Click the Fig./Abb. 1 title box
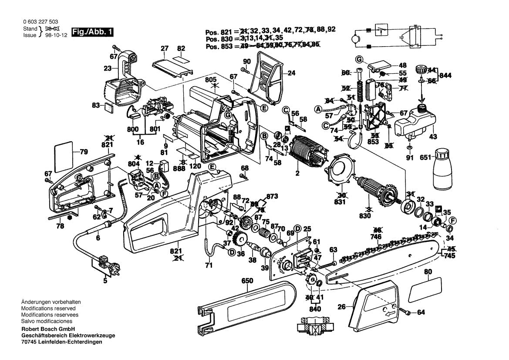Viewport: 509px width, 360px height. click(93, 32)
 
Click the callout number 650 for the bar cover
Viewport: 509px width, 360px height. click(246, 282)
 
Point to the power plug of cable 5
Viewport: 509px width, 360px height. click(104, 262)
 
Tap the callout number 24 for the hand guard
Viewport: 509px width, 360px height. click(291, 73)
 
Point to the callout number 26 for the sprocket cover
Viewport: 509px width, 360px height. click(342, 307)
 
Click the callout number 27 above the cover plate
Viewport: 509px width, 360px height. click(164, 48)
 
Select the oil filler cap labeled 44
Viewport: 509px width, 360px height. click(420, 68)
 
